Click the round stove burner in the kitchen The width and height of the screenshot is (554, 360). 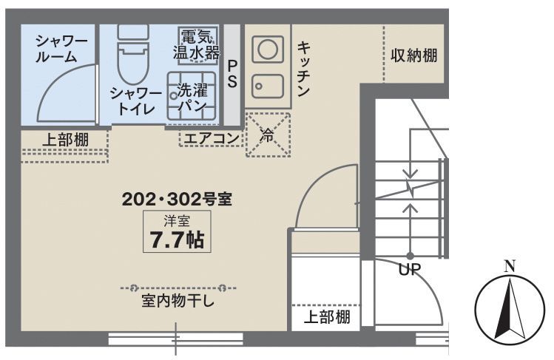(x=267, y=50)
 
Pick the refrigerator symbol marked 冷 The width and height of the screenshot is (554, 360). (x=268, y=135)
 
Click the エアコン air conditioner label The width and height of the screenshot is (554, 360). (x=211, y=138)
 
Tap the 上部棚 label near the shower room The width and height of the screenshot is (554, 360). (x=64, y=138)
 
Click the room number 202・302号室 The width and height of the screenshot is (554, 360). (x=178, y=199)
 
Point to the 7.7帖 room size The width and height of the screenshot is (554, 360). (x=177, y=240)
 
